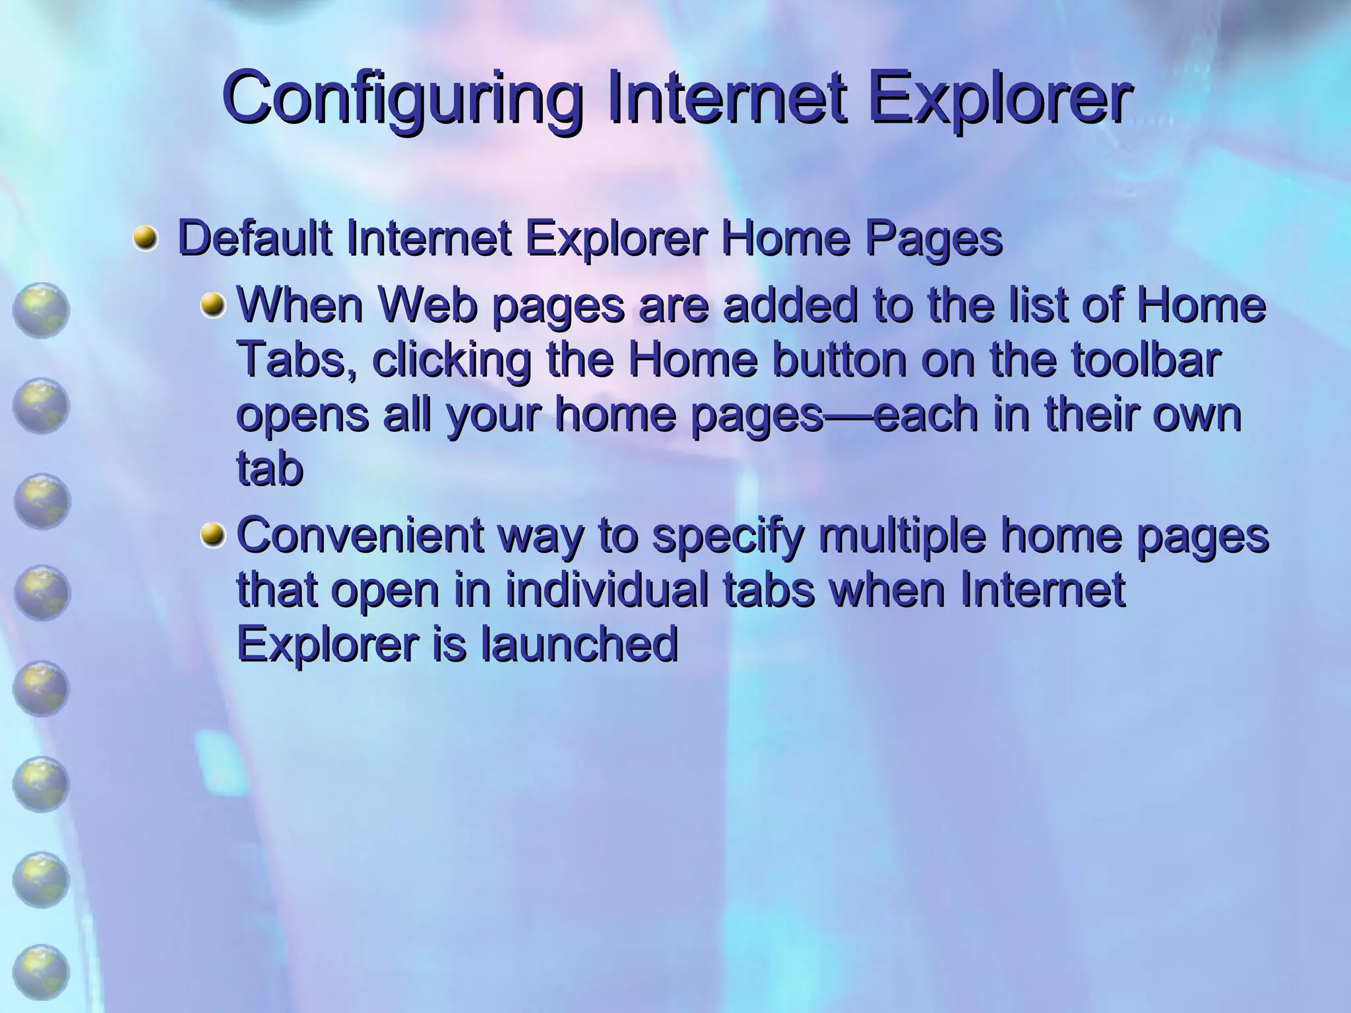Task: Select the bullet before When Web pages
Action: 212,305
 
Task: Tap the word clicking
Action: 451,361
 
